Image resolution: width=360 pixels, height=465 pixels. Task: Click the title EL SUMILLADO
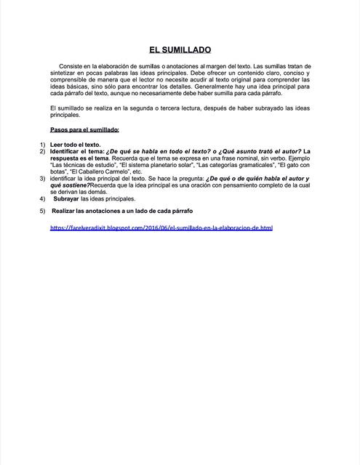coord(180,50)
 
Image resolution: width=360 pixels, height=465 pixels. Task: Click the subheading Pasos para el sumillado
coord(88,129)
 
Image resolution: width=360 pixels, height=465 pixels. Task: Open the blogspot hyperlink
coord(161,227)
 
